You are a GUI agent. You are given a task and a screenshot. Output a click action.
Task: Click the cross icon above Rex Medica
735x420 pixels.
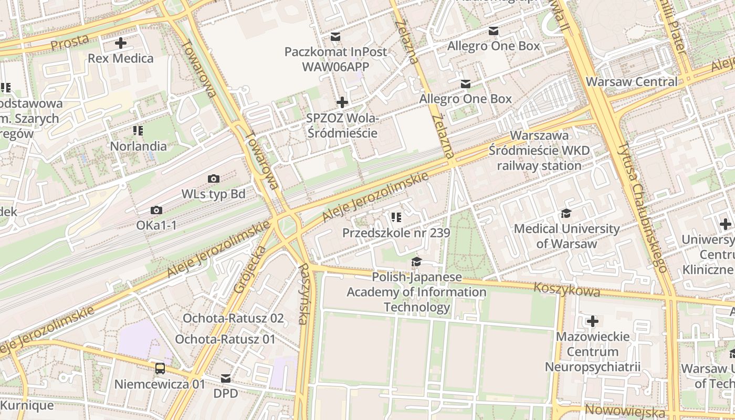click(x=121, y=43)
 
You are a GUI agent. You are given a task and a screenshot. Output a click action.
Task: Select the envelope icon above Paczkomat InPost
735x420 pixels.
click(x=335, y=37)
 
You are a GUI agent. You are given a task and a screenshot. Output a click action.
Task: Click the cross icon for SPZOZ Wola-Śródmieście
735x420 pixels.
click(x=342, y=102)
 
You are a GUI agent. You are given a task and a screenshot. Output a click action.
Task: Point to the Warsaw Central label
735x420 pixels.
click(x=632, y=82)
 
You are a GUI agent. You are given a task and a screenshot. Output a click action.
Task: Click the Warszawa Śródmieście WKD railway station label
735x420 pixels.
click(x=539, y=151)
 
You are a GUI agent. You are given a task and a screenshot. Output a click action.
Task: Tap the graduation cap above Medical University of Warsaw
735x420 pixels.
click(x=566, y=213)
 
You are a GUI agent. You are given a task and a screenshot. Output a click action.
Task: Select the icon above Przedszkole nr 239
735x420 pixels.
click(x=396, y=217)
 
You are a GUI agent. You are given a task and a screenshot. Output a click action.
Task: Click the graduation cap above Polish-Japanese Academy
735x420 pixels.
click(x=416, y=261)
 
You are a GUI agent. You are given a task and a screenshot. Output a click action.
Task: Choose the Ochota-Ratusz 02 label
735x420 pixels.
click(x=233, y=318)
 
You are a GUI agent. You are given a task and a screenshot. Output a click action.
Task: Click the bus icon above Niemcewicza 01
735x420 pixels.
click(x=160, y=369)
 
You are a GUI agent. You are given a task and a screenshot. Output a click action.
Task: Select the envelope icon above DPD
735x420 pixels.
click(x=226, y=379)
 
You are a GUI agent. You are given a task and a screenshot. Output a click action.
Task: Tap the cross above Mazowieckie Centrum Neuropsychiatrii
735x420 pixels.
click(x=593, y=321)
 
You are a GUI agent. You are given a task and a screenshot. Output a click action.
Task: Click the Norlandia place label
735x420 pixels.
click(x=138, y=146)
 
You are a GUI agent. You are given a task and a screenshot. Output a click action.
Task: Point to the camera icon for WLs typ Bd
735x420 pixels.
click(x=213, y=179)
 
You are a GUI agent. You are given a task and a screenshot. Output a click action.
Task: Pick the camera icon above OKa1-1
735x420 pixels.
click(x=156, y=211)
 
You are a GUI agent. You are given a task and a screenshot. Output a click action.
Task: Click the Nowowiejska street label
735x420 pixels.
click(x=625, y=410)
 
